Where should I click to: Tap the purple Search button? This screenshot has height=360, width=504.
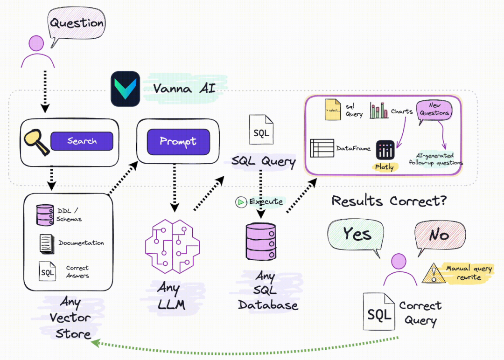click(x=82, y=141)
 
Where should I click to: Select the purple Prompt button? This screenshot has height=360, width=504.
click(x=178, y=141)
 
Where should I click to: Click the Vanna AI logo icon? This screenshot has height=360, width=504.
click(x=125, y=89)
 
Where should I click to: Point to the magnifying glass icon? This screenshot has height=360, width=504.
click(x=36, y=141)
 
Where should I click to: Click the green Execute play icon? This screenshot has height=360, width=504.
click(x=241, y=202)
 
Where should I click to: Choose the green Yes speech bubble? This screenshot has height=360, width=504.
click(x=357, y=234)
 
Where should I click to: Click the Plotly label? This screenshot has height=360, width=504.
click(x=384, y=167)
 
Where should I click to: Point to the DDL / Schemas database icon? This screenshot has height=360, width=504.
click(x=45, y=215)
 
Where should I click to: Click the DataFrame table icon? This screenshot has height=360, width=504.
click(x=322, y=148)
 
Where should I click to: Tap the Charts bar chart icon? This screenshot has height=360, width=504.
click(x=379, y=111)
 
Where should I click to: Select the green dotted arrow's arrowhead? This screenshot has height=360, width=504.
click(x=94, y=344)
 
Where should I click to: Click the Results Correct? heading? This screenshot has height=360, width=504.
click(x=389, y=201)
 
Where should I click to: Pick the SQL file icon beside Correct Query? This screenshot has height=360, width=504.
click(x=379, y=314)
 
